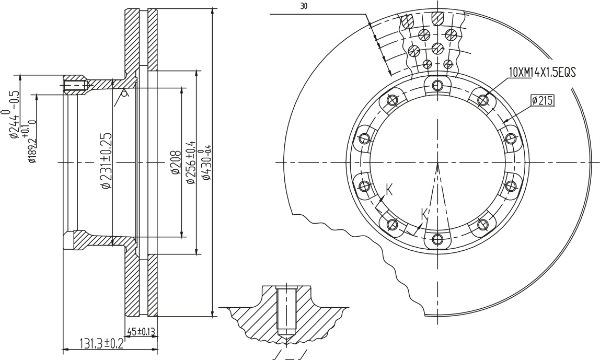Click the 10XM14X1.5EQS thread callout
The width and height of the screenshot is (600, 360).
click(x=542, y=72)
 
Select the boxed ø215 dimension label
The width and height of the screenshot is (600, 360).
click(x=543, y=101)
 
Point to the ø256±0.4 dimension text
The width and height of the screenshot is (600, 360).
click(x=190, y=161)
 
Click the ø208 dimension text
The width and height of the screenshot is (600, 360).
click(x=176, y=162)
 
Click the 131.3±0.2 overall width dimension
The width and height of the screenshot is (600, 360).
click(x=101, y=343)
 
